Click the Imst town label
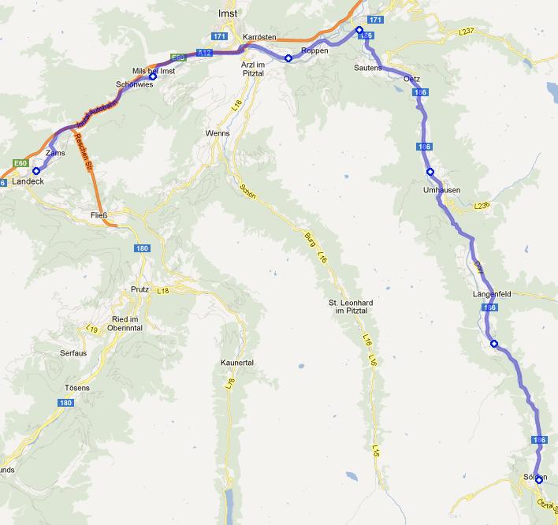point(227,13)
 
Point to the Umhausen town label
point(441,190)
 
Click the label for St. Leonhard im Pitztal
point(350,307)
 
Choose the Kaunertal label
point(237,363)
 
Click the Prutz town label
point(139,289)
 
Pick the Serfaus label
point(73,352)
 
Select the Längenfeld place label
point(493,294)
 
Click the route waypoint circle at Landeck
point(36,170)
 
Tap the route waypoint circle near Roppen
point(288,58)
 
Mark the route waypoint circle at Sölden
point(539,479)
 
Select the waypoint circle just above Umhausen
point(430,172)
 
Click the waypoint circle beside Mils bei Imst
point(154,76)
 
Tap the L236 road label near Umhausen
point(482,206)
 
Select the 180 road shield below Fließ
point(142,248)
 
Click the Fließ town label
point(99,213)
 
